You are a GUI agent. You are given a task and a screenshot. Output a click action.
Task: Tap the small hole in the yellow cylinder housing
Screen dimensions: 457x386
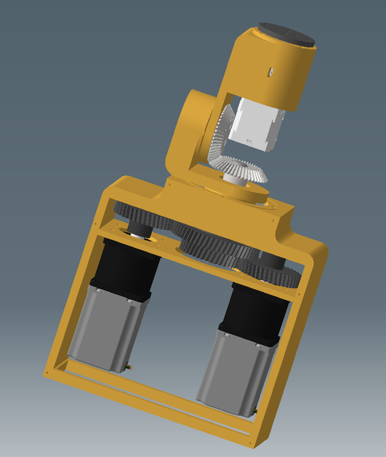coord(271,70)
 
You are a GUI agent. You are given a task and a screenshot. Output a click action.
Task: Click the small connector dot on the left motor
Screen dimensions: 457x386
coord(128,367)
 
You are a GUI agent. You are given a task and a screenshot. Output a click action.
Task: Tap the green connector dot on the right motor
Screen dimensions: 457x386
coord(256,411)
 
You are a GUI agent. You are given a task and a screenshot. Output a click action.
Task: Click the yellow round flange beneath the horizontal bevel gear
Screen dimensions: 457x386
coord(243,191)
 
